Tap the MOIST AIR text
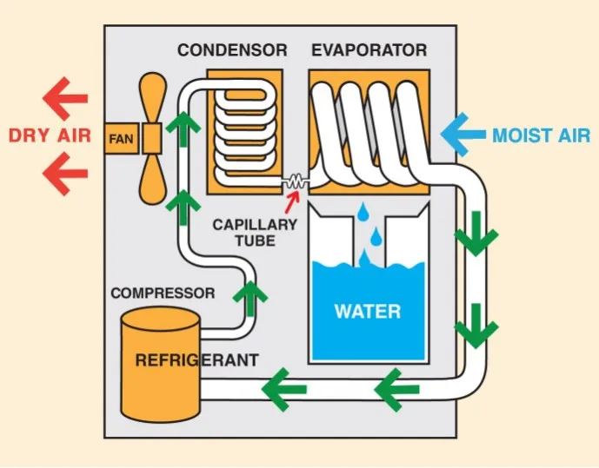click(x=541, y=135)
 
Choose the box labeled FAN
click(x=119, y=138)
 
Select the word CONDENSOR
click(x=232, y=50)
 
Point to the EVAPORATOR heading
click(x=369, y=50)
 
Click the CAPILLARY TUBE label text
click(x=255, y=232)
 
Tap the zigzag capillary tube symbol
click(x=296, y=182)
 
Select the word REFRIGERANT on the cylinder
click(x=196, y=359)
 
